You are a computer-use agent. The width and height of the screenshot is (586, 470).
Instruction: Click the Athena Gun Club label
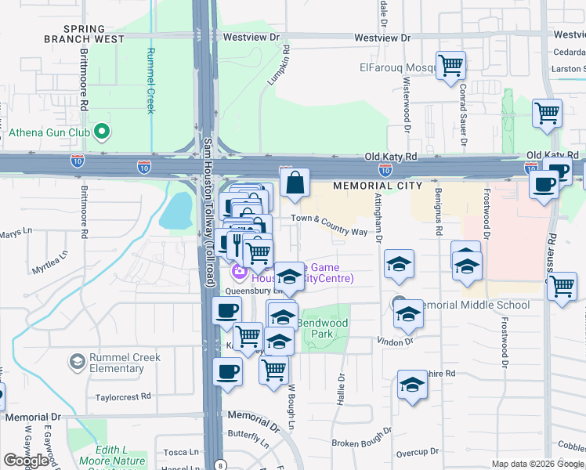[46, 132]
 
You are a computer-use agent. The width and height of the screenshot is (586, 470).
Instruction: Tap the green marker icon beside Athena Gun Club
[100, 132]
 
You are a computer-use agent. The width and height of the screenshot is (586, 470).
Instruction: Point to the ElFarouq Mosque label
[397, 68]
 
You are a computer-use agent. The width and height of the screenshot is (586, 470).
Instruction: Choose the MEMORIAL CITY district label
[377, 186]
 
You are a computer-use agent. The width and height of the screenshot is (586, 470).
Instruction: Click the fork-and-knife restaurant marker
[236, 241]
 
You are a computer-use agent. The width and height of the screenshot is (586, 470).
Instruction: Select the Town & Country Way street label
[329, 226]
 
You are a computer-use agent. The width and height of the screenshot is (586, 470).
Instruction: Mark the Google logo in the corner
[26, 461]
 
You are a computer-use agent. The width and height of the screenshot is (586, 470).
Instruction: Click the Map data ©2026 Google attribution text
[537, 464]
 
